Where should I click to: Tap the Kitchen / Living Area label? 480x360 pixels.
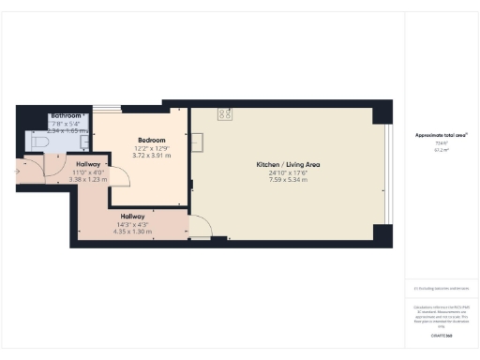(x=288, y=165)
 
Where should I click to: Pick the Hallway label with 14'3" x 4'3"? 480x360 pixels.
(x=132, y=217)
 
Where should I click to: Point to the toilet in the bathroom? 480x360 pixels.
(x=37, y=140)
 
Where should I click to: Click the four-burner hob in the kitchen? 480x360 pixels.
(x=225, y=114)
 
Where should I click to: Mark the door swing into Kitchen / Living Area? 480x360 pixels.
(x=200, y=225)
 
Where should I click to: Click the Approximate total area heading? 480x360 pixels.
(x=441, y=135)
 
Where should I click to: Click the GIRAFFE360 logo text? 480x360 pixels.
(x=441, y=335)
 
